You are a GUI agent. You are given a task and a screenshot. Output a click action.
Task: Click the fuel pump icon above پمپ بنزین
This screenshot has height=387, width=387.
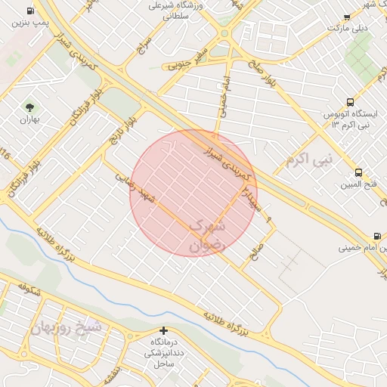(29, 11)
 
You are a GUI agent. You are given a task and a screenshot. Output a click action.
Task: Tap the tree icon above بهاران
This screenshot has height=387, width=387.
(29, 107)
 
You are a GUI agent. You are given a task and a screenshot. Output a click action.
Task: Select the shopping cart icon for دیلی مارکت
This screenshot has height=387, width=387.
(346, 17)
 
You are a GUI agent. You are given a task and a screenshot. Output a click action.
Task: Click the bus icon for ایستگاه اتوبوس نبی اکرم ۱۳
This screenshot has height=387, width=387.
(350, 102)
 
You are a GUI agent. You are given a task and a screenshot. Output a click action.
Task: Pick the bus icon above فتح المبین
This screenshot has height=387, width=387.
(358, 172)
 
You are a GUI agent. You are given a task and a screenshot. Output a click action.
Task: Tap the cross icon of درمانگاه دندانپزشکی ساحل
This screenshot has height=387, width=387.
(163, 330)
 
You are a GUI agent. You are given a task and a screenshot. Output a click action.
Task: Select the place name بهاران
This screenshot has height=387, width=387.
(29, 119)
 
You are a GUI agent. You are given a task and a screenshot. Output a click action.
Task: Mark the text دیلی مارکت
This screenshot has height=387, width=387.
(347, 28)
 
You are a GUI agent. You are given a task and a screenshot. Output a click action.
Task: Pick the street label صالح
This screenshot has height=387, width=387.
(259, 249)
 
